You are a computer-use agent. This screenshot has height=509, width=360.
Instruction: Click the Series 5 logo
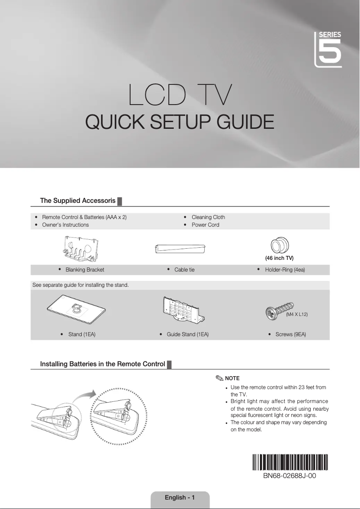point(328,49)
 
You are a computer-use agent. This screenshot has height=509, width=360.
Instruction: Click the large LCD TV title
point(180,94)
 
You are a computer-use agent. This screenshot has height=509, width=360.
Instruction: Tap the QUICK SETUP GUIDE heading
point(180,122)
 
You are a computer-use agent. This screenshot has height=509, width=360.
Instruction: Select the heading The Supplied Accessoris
point(78,200)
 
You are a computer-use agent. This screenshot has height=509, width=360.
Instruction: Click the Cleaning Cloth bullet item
point(208,217)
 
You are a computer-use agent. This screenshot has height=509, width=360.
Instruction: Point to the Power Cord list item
point(205,225)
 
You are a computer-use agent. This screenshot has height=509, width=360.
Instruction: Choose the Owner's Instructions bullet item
point(65,225)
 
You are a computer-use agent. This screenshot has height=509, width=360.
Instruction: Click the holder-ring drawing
point(280,246)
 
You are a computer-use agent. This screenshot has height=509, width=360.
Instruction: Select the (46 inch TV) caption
point(279,258)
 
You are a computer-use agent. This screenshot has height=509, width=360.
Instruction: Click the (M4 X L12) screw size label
point(297,315)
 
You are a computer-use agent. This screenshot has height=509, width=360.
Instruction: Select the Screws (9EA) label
point(290,334)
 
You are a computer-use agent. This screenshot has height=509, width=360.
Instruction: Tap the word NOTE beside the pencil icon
point(232,378)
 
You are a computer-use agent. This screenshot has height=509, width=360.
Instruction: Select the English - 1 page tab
point(180,497)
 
